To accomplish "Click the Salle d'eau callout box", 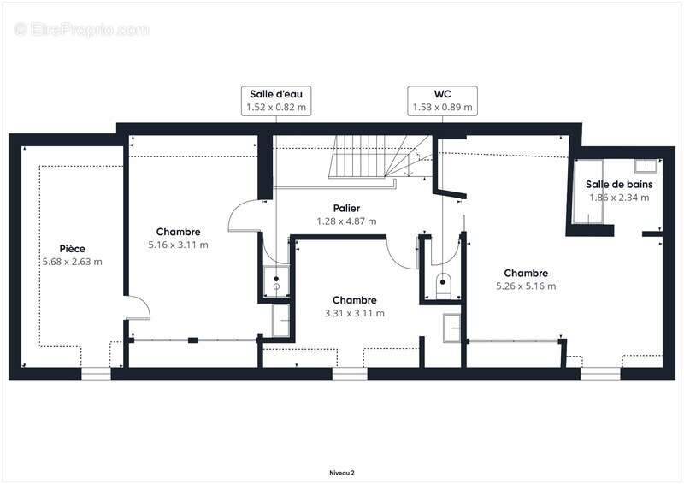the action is [276, 101].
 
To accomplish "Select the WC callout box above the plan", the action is [442, 101].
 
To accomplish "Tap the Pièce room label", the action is [73, 249].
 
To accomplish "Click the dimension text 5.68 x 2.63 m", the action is [73, 262].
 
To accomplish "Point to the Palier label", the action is [346, 208].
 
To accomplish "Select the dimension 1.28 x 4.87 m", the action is [346, 221].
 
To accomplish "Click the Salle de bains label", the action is [619, 184].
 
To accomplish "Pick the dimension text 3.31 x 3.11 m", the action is [354, 313].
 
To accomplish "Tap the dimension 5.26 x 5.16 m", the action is [526, 286].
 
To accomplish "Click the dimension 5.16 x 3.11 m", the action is [178, 245].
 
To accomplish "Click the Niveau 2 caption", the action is [342, 473].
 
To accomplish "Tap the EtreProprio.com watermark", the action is [81, 29].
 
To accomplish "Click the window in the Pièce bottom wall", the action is [96, 374].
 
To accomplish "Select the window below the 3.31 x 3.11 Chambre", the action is [350, 374].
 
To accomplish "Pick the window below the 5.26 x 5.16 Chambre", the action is [600, 374].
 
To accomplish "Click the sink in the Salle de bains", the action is [646, 165].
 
